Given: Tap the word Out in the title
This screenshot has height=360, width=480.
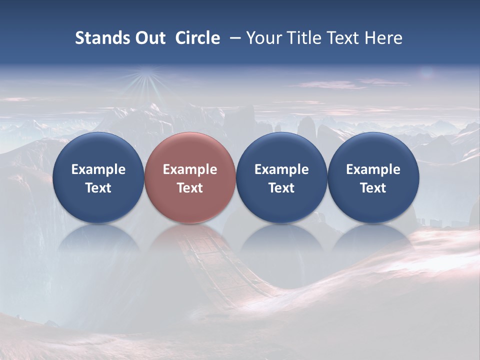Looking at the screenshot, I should (149, 38).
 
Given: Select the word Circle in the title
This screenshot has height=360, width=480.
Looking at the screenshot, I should (197, 38).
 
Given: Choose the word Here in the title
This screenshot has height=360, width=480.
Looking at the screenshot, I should (383, 38).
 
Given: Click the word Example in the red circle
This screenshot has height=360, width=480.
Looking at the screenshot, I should (190, 169).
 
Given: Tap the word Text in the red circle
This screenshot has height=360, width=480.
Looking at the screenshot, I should (190, 188).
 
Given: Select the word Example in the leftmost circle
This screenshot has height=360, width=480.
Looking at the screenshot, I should (98, 169).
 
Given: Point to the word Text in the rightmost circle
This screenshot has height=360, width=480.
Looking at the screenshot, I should (373, 188).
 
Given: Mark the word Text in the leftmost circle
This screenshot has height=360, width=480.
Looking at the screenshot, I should (98, 188).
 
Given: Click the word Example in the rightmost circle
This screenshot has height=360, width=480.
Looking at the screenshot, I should (373, 169).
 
